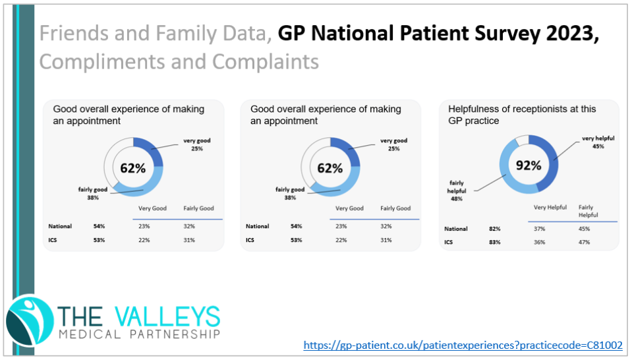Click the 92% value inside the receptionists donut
point(528,165)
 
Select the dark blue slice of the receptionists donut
point(552,160)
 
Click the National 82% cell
point(494,229)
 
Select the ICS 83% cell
point(494,242)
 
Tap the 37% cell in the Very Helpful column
point(540,229)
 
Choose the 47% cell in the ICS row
point(584,242)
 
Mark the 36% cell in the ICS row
point(540,242)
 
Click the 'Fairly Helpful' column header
point(588,211)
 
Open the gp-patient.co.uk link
point(463,345)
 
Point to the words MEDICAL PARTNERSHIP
point(138,335)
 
